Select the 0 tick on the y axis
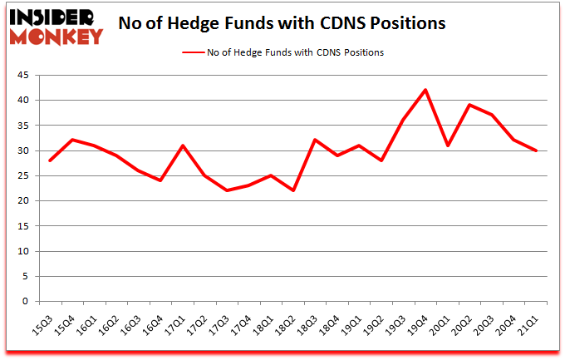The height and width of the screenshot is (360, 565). point(27,302)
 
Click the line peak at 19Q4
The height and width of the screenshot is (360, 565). point(425,90)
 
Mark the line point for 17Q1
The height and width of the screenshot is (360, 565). point(182,145)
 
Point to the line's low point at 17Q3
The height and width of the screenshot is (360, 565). point(226,190)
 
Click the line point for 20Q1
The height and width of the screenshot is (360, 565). point(447,145)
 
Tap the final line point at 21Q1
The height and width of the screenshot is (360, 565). point(536,150)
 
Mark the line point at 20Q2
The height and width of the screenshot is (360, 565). point(469,105)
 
